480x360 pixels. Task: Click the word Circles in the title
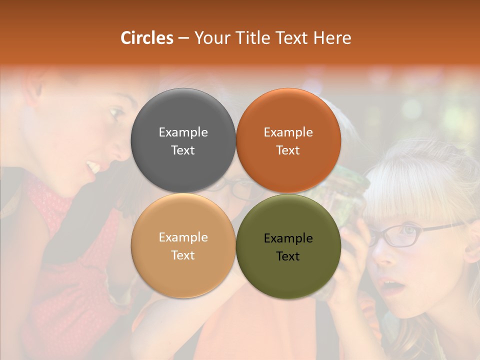[147, 38]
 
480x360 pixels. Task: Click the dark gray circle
[183, 140]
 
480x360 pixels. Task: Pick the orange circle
[288, 140]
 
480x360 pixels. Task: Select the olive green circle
[288, 246]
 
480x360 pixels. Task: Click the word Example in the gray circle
[183, 132]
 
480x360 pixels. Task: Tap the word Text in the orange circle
[288, 150]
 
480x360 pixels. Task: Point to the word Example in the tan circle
[183, 237]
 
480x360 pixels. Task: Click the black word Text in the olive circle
[288, 256]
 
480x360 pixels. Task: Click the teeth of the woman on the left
[93, 166]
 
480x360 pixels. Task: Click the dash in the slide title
[183, 38]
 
